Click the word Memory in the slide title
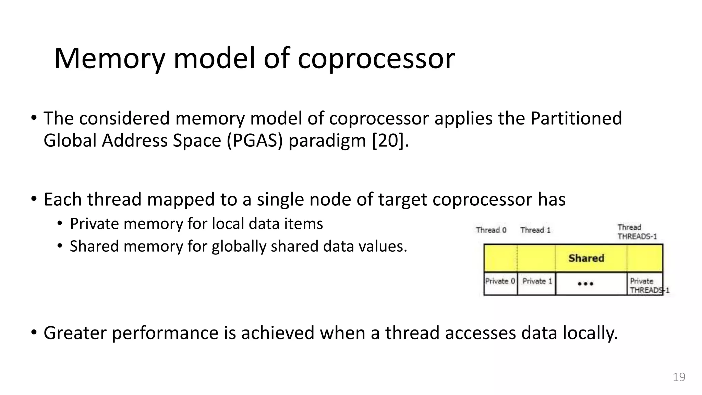click(109, 59)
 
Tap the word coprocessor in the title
click(376, 59)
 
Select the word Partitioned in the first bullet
click(576, 119)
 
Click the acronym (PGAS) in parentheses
click(254, 141)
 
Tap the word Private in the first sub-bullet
click(94, 224)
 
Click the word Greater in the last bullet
click(75, 333)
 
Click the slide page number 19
click(679, 377)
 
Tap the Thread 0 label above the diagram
click(491, 230)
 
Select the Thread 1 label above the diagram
click(535, 230)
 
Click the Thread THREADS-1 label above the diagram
click(637, 232)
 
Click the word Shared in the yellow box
click(586, 258)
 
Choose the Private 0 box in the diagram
click(500, 283)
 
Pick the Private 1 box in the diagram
click(536, 283)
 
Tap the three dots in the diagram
click(585, 284)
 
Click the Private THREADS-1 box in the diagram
click(645, 285)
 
